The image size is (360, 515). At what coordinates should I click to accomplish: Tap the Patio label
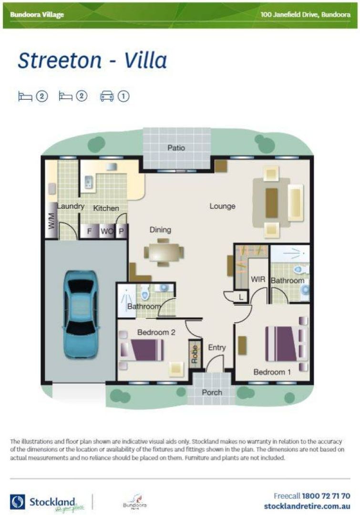[176, 148]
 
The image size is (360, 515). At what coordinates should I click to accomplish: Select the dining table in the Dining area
[164, 251]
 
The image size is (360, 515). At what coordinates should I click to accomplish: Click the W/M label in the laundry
[51, 220]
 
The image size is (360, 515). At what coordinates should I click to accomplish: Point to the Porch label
[212, 392]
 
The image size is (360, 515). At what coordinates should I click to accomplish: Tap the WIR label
[257, 279]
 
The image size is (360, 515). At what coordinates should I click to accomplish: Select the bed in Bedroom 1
[284, 343]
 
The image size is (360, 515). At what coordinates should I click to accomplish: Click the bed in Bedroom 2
[143, 350]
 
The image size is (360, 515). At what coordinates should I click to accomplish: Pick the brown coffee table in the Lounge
[271, 203]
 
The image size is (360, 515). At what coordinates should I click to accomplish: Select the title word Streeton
[60, 61]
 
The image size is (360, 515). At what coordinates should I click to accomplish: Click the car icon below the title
[106, 96]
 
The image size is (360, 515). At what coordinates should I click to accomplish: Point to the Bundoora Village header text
[37, 14]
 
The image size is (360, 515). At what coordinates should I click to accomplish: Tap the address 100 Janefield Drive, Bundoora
[305, 14]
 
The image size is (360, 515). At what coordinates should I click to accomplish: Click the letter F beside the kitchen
[88, 232]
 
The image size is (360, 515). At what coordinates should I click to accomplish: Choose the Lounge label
[222, 206]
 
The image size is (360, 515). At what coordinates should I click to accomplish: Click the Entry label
[216, 348]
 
